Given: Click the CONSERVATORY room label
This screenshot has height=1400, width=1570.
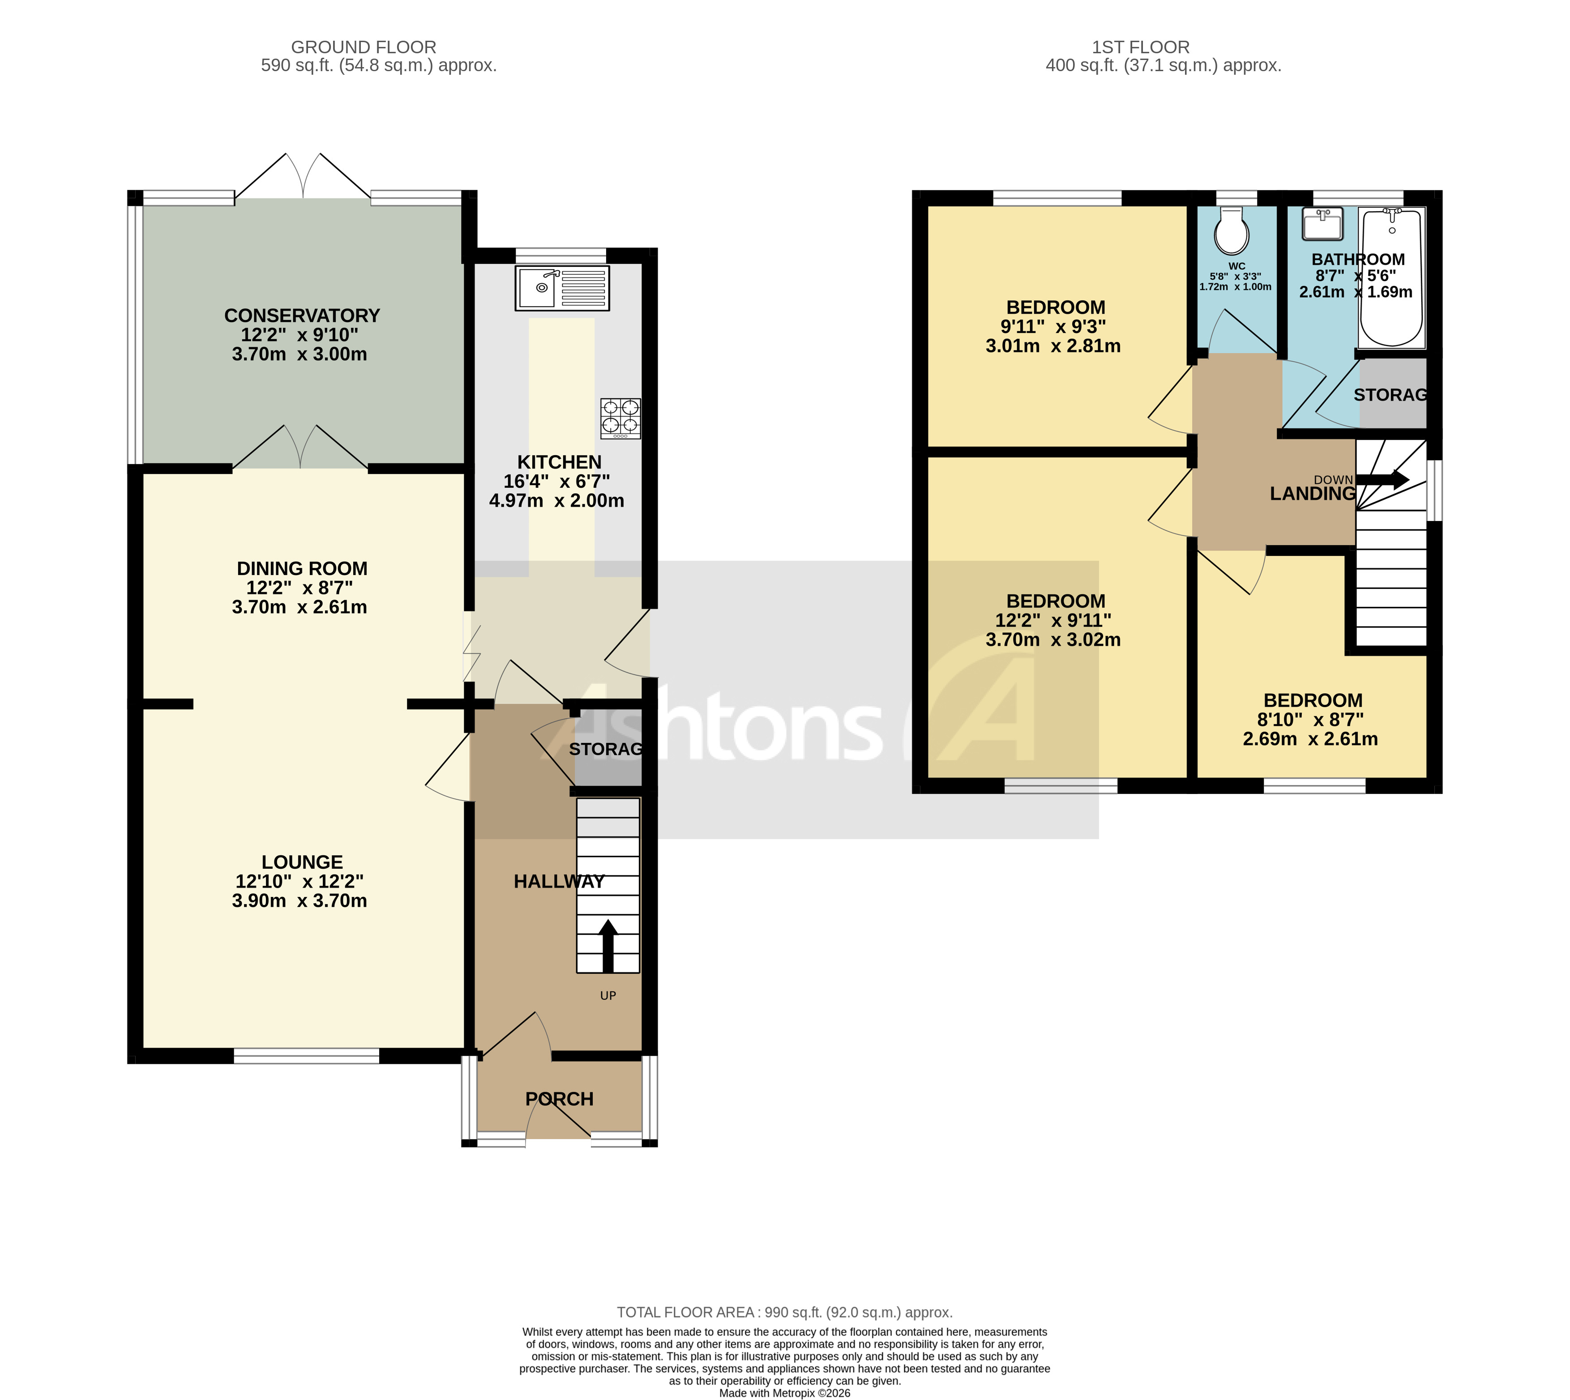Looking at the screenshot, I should click(302, 316).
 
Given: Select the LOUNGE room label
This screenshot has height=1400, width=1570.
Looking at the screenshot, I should click(302, 862).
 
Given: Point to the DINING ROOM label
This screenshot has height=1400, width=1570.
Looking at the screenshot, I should click(302, 568).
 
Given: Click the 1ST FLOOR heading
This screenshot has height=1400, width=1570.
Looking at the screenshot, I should click(1141, 47).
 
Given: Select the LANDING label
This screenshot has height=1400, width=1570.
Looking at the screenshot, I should click(1312, 494).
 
